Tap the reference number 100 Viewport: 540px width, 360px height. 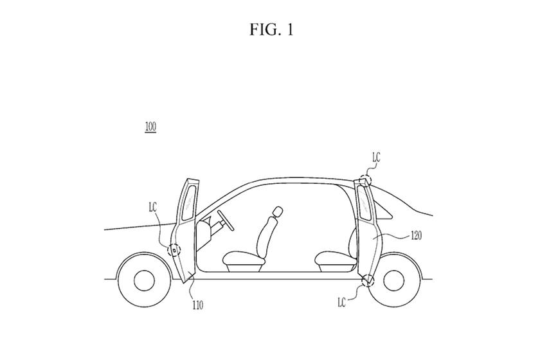coord(150,127)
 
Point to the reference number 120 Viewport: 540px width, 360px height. coord(416,236)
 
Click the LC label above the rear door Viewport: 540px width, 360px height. coord(376,157)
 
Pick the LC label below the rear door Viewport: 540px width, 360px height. coord(342,301)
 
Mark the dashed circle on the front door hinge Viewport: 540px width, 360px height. coord(174,249)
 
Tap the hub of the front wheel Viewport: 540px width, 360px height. coord(144,279)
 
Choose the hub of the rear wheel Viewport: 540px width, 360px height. coord(394,279)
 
